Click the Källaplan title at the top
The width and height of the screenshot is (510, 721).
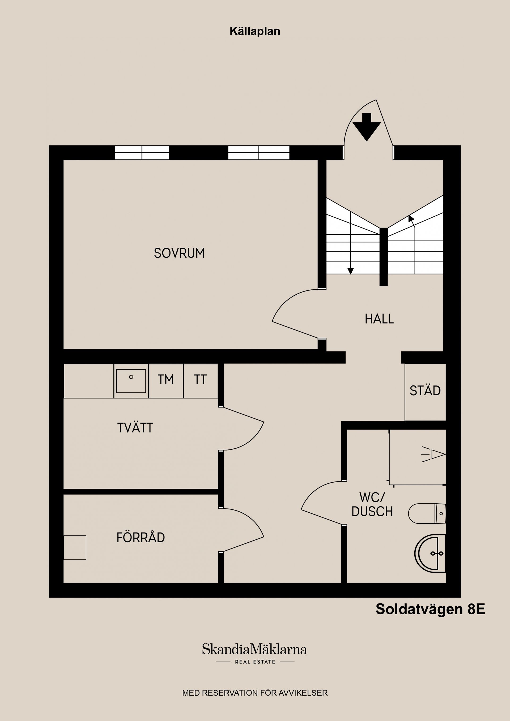point(255,31)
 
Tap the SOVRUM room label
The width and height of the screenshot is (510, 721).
point(179,253)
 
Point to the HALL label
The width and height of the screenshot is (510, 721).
point(379,319)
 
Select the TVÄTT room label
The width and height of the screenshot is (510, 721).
point(135,428)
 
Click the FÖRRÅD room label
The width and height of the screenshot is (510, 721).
point(141,537)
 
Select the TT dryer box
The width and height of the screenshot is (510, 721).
point(201,381)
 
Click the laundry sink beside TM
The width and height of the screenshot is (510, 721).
point(131,381)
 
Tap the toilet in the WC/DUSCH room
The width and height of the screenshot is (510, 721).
point(427,514)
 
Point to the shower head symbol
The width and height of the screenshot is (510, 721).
point(434,454)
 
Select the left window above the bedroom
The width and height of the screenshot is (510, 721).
point(142,153)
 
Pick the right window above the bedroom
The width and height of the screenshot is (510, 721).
point(259,153)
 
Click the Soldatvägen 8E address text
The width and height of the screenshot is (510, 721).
point(431,609)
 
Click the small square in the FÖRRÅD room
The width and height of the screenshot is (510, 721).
point(75,547)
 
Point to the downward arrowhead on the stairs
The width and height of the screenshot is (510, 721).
point(351,271)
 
